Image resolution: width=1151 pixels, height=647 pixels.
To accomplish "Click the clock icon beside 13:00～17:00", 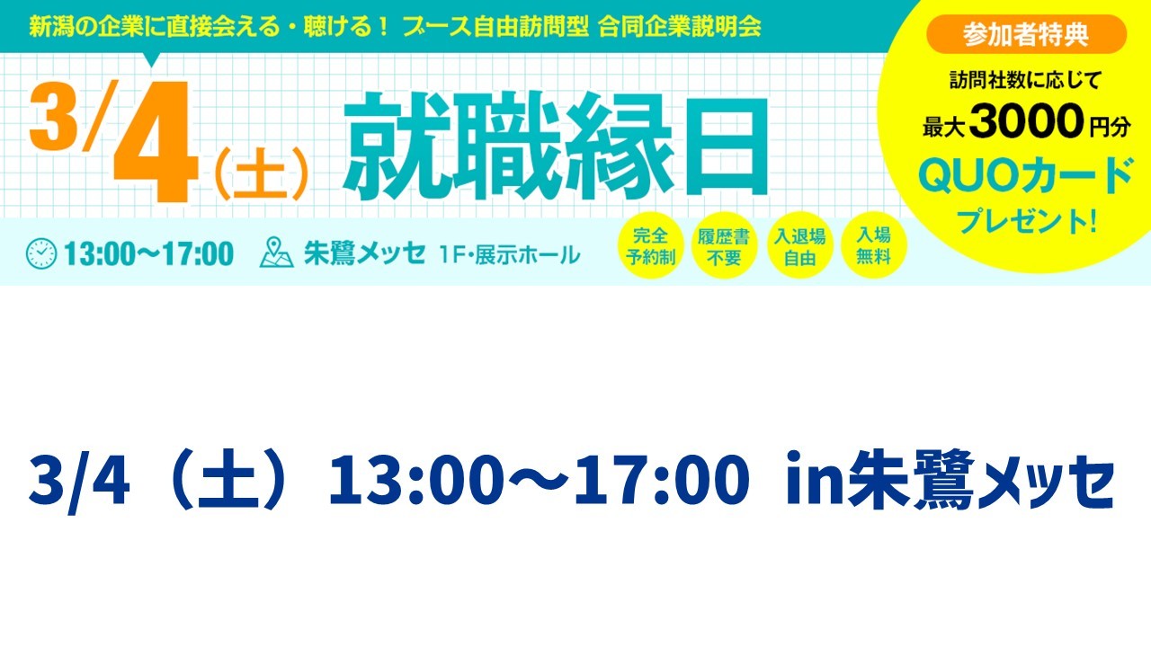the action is [x=41, y=253].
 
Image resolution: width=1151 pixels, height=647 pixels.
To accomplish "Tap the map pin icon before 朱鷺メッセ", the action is [x=276, y=253].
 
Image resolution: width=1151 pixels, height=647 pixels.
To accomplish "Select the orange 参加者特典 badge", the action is [x=1026, y=34].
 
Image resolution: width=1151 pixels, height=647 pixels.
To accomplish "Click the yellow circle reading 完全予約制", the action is [x=650, y=245].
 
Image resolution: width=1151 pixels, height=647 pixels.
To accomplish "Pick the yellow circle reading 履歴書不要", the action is [x=724, y=245].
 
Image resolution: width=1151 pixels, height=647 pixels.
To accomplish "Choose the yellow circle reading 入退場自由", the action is [x=799, y=245].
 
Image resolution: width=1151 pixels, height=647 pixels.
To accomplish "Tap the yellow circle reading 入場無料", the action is [x=873, y=245].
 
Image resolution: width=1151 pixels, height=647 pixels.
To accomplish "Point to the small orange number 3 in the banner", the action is [x=52, y=117].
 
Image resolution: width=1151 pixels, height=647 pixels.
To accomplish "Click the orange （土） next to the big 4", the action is [x=260, y=174].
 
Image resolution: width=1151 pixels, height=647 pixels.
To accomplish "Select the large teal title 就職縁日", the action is [x=556, y=146].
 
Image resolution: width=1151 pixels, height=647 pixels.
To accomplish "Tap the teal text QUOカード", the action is [x=1026, y=176].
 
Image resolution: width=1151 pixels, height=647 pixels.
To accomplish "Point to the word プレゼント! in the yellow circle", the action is [x=1026, y=221].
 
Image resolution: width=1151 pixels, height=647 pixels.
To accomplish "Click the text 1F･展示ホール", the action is [x=510, y=254].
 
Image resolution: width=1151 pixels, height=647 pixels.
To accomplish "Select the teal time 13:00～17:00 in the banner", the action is [x=148, y=253].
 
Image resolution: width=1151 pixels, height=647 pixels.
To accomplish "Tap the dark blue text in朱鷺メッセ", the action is [x=950, y=480].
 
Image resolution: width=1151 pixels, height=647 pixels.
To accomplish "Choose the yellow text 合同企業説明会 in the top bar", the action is [x=679, y=27].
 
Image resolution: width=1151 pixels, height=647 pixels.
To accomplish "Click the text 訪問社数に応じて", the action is [x=1024, y=81].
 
